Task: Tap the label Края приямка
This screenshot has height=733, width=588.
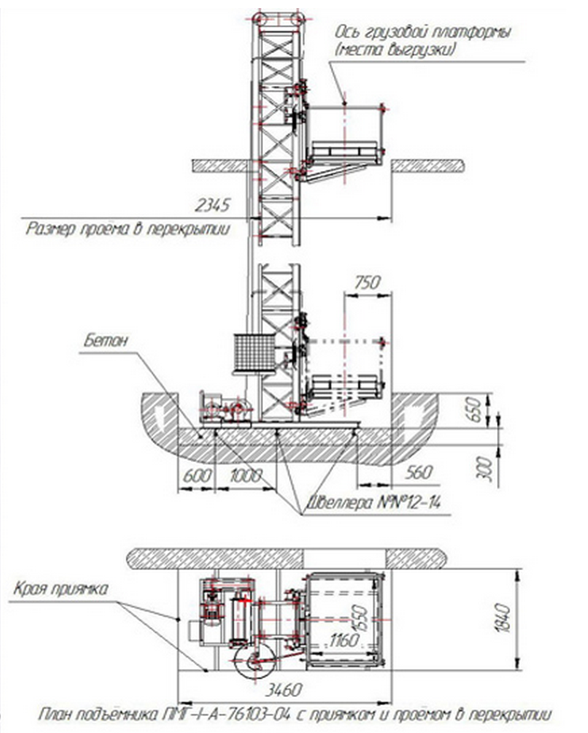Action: (61, 589)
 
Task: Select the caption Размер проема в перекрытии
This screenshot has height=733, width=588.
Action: (127, 230)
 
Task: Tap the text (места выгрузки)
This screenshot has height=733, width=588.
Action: (394, 50)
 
